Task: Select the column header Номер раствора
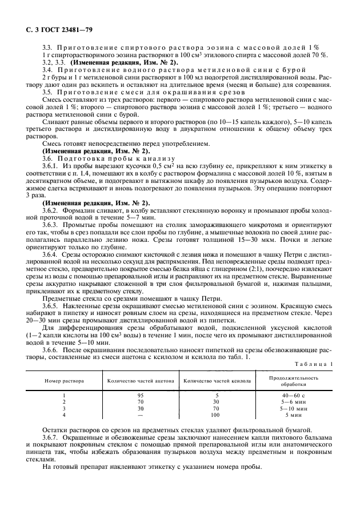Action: point(65,380)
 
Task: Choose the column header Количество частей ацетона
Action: point(141,380)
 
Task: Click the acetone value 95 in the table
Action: point(141,395)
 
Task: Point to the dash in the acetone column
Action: point(141,415)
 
